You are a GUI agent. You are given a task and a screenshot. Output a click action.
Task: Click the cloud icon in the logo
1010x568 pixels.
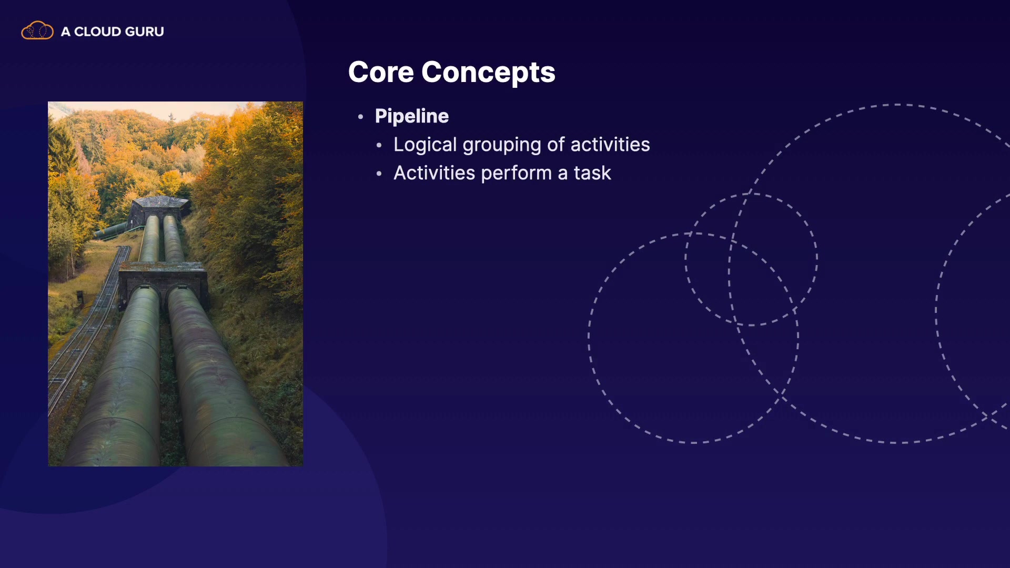(37, 31)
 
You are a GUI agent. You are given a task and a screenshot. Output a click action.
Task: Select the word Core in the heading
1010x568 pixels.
(381, 72)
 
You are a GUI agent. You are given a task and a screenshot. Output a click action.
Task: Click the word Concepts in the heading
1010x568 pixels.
(488, 73)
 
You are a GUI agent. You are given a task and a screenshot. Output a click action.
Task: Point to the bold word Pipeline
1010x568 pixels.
(412, 116)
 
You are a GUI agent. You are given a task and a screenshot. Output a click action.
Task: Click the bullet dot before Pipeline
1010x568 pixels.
(360, 117)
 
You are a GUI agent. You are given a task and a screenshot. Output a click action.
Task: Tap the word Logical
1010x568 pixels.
(425, 145)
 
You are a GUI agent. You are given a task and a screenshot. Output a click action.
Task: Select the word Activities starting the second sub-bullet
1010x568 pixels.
(434, 173)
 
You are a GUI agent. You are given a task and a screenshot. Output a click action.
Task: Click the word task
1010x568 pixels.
(592, 173)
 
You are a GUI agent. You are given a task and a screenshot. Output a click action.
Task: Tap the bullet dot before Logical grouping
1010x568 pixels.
(379, 145)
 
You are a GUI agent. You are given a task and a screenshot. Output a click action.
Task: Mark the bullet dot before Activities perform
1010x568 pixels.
(379, 174)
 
